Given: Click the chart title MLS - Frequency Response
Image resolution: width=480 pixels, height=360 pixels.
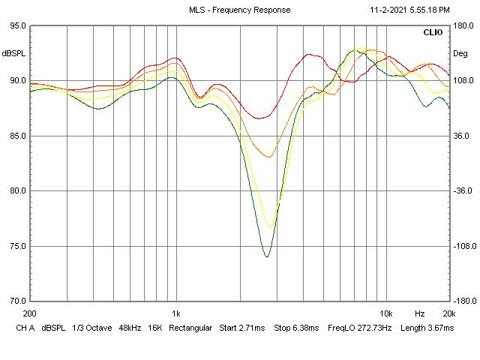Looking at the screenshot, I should [x=239, y=10].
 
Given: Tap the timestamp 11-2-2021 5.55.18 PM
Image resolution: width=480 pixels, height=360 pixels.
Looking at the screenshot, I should [x=410, y=10].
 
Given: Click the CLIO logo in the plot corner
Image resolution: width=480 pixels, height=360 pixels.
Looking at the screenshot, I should [x=433, y=33].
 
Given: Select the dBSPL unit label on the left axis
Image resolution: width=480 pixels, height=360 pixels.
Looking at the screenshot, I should [x=13, y=53].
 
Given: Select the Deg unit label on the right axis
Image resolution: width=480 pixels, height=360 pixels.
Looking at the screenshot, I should [x=460, y=53].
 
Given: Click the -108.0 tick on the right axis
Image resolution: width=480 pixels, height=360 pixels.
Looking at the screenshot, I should [x=464, y=246].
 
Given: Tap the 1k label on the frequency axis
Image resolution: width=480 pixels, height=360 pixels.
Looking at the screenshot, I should [x=175, y=313].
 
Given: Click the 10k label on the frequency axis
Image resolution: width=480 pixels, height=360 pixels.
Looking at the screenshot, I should [x=385, y=313].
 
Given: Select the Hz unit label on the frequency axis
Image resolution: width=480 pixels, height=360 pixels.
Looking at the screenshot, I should [x=420, y=313].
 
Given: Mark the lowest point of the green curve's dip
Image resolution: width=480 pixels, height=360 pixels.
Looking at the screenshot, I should [x=266, y=257].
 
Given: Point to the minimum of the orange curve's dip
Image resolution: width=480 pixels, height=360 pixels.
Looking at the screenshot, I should [x=268, y=157].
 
